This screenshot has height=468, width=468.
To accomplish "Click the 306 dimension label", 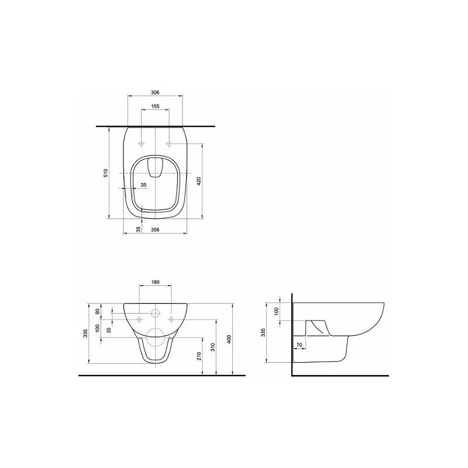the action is [155, 92].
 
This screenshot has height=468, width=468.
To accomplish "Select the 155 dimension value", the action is [155, 106].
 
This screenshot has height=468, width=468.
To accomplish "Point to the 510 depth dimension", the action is [106, 173].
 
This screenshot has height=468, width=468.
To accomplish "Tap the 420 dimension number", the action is [199, 181].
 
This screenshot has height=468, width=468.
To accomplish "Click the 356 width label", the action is [155, 229].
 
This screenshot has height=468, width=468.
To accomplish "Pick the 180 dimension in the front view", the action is [155, 282].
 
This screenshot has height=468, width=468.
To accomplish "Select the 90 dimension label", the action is [97, 312].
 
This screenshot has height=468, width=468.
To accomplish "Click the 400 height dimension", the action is [229, 339].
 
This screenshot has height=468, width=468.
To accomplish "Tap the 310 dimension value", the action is [212, 347].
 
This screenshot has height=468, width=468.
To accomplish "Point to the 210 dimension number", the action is [199, 356].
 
